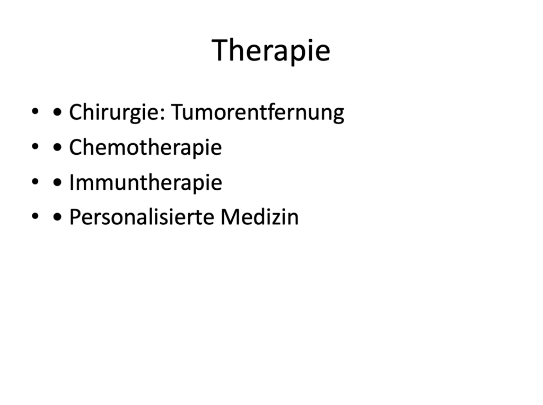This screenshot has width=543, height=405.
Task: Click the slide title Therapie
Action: coord(271,50)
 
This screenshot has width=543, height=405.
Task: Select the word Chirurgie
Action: coord(115,113)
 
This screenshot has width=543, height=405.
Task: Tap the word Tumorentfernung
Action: coord(258,113)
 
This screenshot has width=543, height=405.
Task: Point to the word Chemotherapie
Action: coord(145,147)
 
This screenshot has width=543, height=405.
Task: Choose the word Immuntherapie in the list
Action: coord(146,182)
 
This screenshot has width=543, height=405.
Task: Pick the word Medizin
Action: coord(260,217)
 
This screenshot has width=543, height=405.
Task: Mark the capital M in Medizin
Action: coord(230,217)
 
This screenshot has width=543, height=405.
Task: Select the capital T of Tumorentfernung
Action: coord(179,112)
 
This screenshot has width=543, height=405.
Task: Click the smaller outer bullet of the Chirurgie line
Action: coord(35,111)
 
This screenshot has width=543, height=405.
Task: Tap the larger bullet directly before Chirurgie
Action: coord(57,112)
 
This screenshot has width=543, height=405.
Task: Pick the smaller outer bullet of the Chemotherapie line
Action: coord(35,146)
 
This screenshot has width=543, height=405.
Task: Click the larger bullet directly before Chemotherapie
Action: coord(57,147)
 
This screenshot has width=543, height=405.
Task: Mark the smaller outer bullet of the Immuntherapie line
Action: coord(35,181)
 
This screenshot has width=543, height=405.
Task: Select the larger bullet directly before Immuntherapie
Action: coord(57,182)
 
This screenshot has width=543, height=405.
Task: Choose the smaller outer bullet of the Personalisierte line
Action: coord(35,216)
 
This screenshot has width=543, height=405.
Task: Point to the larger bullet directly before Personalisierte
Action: coord(57,217)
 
